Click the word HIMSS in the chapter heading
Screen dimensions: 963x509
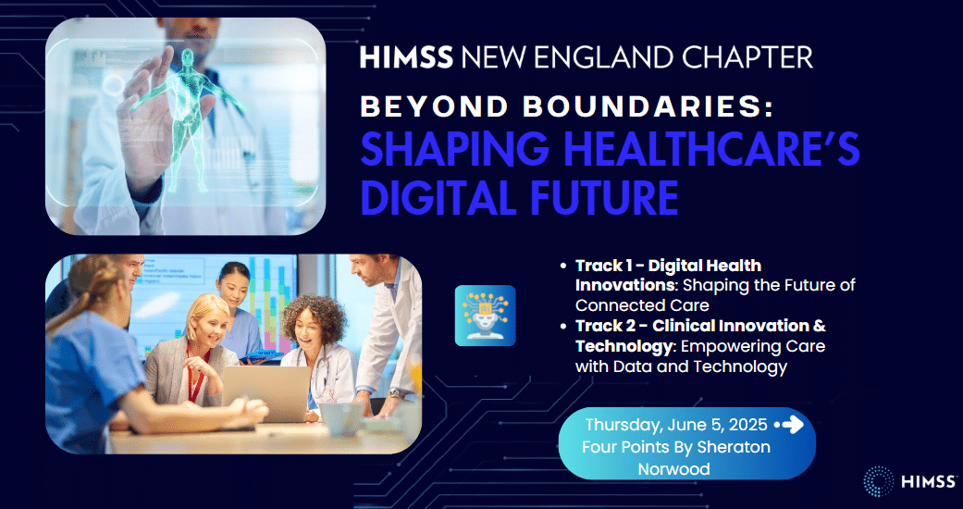tap(406, 56)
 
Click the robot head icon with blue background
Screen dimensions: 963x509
tap(485, 316)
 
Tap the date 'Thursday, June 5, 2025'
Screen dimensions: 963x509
tap(676, 425)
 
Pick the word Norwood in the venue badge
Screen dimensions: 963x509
tap(674, 469)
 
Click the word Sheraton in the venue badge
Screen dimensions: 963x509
tap(734, 447)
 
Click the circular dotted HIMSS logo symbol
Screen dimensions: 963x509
tap(879, 481)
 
